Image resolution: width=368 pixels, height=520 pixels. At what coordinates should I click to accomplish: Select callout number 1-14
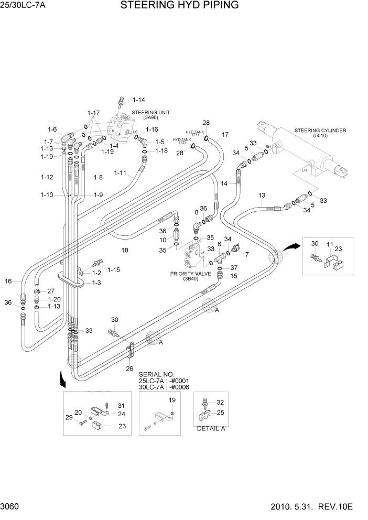(x=138, y=100)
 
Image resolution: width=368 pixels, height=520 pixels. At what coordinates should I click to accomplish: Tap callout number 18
(x=125, y=250)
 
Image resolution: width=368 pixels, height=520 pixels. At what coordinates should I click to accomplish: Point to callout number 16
(x=8, y=281)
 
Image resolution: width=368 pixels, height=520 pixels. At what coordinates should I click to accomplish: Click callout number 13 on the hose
(x=262, y=196)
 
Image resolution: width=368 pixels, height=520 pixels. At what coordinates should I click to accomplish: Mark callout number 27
(x=51, y=291)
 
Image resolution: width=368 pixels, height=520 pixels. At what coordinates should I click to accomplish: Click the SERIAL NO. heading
(x=156, y=374)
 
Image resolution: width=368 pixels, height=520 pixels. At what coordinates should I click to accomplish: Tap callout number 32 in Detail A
(x=219, y=403)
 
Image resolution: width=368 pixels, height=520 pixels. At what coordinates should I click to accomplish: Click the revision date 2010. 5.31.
(x=305, y=507)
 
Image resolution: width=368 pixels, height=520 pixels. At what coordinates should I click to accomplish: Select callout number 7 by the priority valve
(x=246, y=254)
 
